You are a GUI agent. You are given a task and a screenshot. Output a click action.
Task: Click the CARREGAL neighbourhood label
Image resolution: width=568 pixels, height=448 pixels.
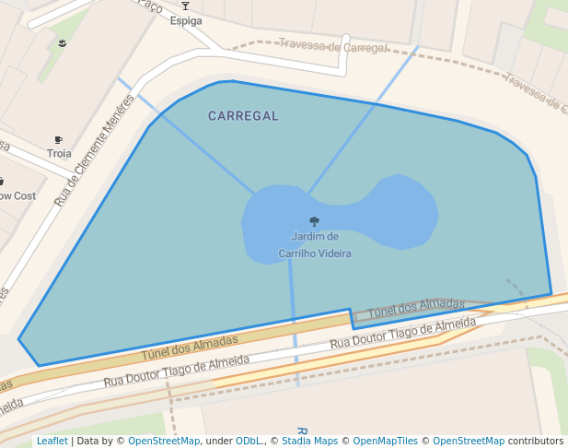[243, 116]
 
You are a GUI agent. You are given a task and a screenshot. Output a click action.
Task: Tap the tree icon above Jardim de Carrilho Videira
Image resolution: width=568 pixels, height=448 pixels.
[314, 221]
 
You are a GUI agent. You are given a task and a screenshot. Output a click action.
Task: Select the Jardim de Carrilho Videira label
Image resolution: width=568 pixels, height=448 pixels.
[314, 244]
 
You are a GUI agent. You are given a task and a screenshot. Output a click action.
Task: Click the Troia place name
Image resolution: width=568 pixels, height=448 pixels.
[59, 153]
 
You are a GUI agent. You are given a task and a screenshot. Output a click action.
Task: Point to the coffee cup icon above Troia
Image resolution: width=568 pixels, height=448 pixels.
[59, 140]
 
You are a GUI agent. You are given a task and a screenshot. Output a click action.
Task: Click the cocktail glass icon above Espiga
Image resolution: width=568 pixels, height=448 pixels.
[185, 6]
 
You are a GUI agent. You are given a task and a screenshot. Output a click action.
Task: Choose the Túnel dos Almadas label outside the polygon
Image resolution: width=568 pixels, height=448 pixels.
[190, 348]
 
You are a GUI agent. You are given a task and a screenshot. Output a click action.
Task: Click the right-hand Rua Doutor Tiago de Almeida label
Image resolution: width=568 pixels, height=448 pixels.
[402, 333]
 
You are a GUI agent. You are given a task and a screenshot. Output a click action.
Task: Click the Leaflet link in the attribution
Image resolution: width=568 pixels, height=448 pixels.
[52, 441]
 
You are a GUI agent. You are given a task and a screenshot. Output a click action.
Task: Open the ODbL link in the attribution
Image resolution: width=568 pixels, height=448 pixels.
[249, 441]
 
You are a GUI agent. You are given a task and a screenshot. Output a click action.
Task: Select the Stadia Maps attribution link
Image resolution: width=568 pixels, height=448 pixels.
[309, 441]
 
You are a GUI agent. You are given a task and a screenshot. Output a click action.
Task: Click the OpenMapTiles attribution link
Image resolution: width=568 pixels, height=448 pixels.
[385, 441]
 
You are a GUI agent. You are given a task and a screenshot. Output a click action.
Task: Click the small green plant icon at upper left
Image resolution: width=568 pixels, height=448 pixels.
[63, 43]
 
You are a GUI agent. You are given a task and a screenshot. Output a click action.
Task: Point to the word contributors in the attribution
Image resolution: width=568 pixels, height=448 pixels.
[536, 441]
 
